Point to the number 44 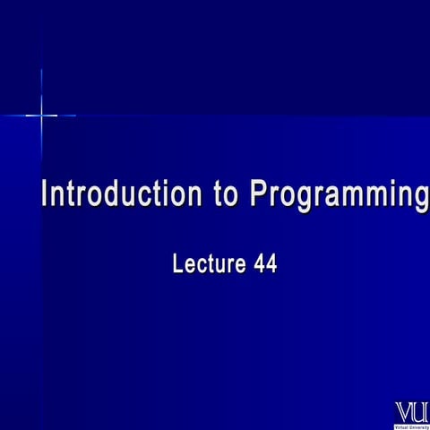pos(263,264)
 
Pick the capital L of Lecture pos(176,264)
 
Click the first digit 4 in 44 pos(257,264)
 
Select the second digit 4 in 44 pos(271,264)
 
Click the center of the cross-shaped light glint pos(41,115)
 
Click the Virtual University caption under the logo pos(412,426)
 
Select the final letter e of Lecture pos(238,265)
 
